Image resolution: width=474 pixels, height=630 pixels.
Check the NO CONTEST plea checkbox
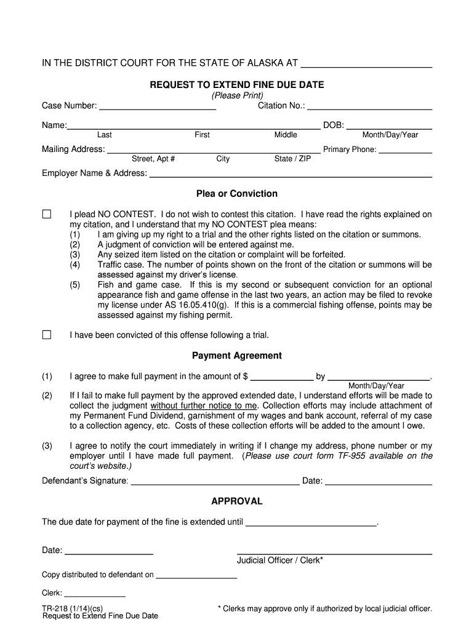[47, 214]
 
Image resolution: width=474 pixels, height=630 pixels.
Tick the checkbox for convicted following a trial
[47, 335]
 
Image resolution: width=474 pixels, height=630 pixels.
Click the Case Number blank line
[158, 107]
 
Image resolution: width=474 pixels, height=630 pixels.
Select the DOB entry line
[389, 126]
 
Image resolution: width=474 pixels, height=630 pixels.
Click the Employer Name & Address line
[291, 174]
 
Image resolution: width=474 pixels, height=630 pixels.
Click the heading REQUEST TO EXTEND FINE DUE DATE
[237, 84]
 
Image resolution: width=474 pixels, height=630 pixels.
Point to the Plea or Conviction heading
[237, 194]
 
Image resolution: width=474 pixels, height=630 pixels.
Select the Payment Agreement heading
[237, 356]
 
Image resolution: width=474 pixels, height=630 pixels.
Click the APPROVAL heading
[237, 501]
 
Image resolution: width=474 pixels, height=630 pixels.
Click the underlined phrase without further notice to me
[203, 406]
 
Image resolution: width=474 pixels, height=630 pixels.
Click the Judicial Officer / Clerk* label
[280, 560]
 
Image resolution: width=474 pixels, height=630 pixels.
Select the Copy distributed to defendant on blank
[196, 576]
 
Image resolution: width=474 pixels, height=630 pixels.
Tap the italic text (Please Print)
[237, 95]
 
